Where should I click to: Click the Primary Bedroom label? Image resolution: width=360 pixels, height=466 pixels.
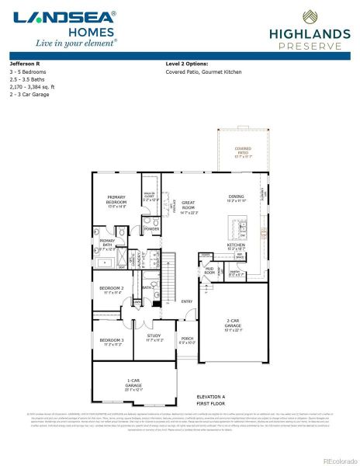(116, 200)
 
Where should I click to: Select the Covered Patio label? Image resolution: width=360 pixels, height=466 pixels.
(243, 151)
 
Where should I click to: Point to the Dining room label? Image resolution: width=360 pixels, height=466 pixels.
(237, 197)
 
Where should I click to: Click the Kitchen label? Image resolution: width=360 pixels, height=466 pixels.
(236, 246)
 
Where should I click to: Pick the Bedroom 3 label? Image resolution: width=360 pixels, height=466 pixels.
(111, 341)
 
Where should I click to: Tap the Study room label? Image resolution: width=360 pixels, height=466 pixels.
(154, 337)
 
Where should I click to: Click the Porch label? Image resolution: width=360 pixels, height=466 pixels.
(187, 339)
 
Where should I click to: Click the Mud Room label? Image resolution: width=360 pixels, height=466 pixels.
(209, 272)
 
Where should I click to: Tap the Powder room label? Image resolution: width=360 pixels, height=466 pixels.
(152, 229)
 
